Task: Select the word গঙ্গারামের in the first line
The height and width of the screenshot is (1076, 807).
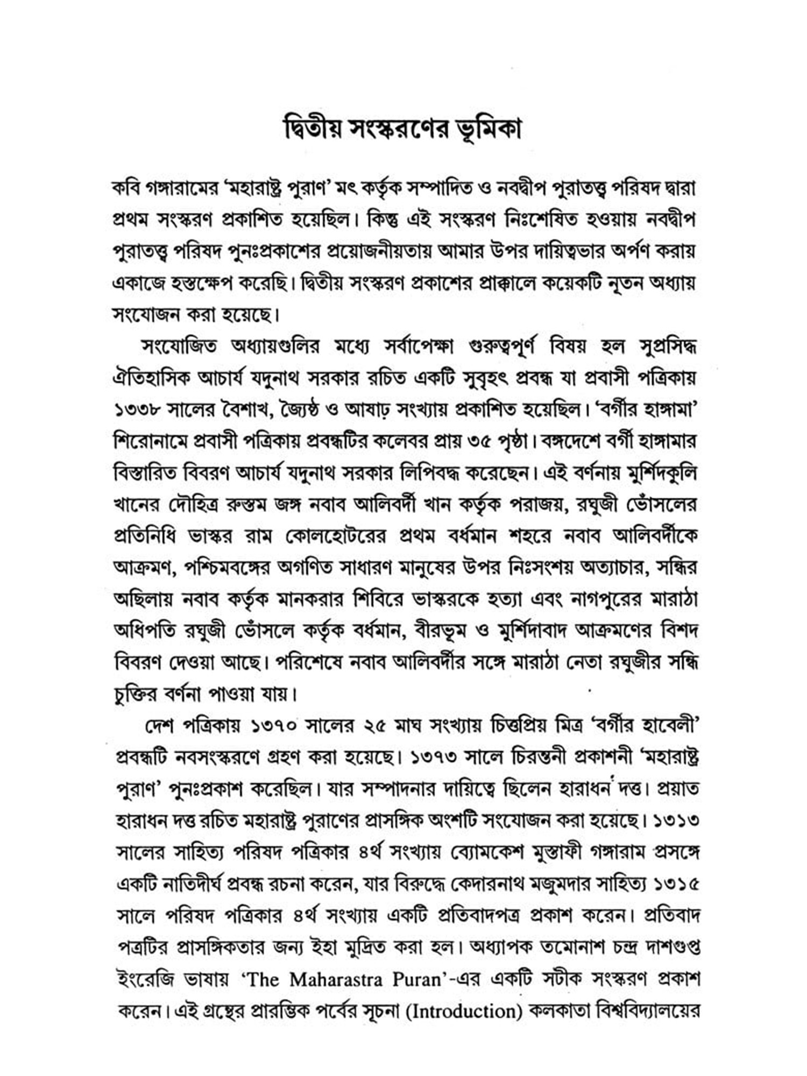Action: [x=182, y=188]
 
